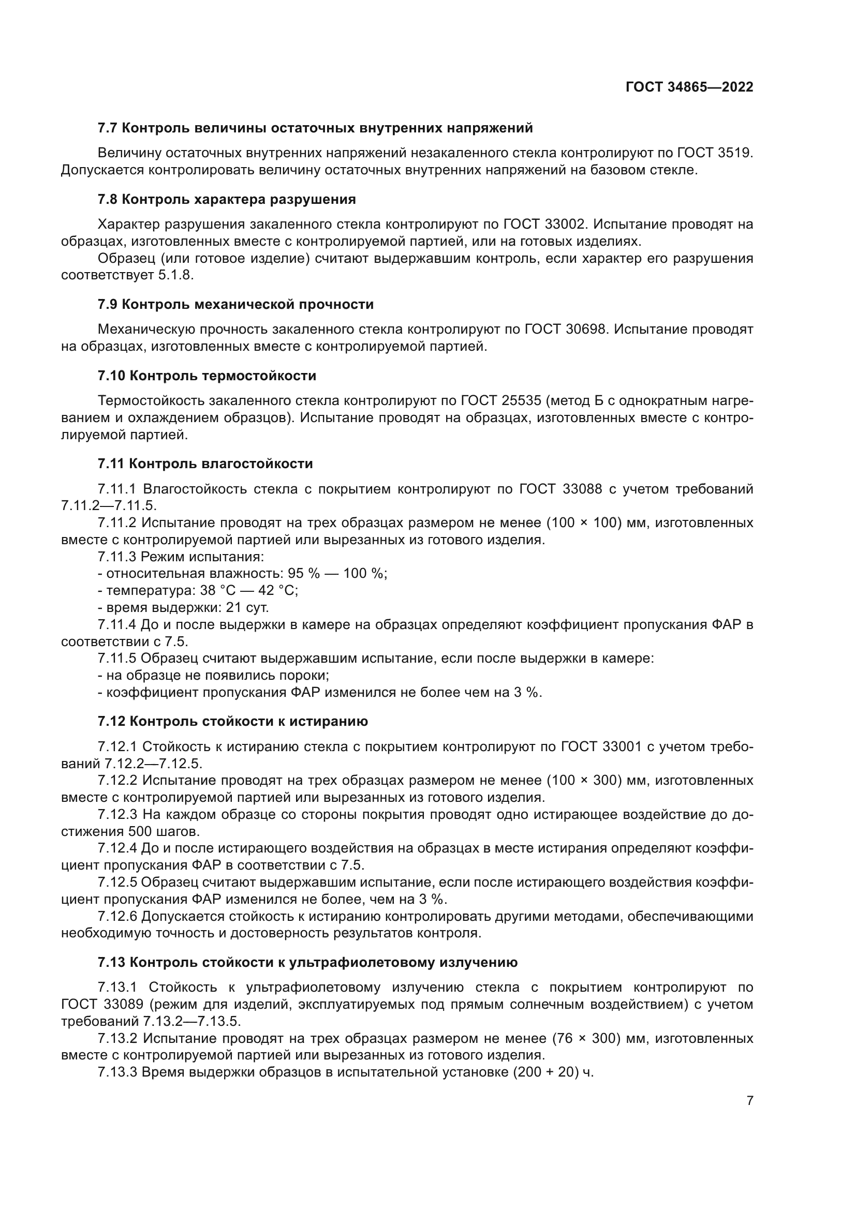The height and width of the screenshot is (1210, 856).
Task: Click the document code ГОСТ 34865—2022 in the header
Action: click(x=689, y=87)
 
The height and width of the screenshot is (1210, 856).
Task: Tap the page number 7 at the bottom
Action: click(x=749, y=1101)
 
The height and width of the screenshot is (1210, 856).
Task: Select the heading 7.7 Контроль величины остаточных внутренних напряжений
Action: click(x=315, y=128)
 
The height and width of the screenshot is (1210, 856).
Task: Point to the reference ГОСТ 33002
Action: click(x=544, y=225)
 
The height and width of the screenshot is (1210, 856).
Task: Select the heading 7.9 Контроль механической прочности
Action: click(x=235, y=305)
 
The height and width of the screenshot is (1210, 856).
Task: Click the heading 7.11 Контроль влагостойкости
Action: click(x=205, y=464)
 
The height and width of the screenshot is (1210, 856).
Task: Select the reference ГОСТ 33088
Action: click(x=560, y=489)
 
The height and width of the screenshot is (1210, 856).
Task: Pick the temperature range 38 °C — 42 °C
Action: click(x=249, y=590)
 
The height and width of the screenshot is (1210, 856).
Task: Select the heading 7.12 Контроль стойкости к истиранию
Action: click(x=232, y=722)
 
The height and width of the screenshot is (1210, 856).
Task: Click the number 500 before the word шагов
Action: click(x=139, y=832)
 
